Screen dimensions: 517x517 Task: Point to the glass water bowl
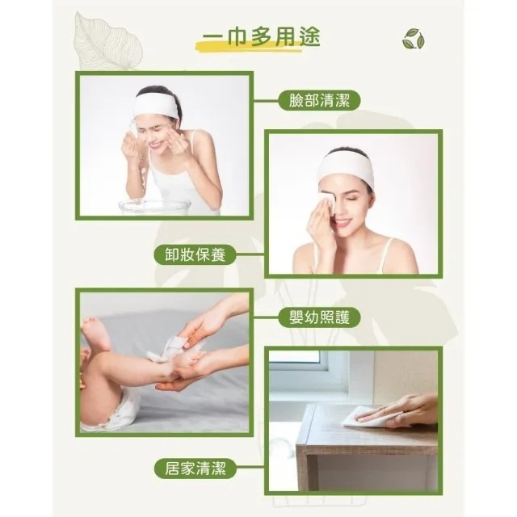point(154,206)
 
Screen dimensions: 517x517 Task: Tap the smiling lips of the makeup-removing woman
point(344,222)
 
